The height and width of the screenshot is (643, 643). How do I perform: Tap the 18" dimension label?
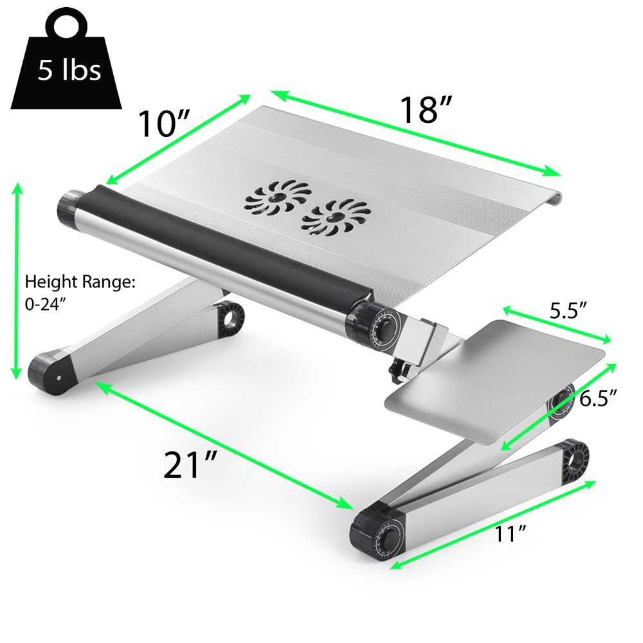(x=426, y=109)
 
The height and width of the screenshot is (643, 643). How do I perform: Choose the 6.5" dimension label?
(x=598, y=399)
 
